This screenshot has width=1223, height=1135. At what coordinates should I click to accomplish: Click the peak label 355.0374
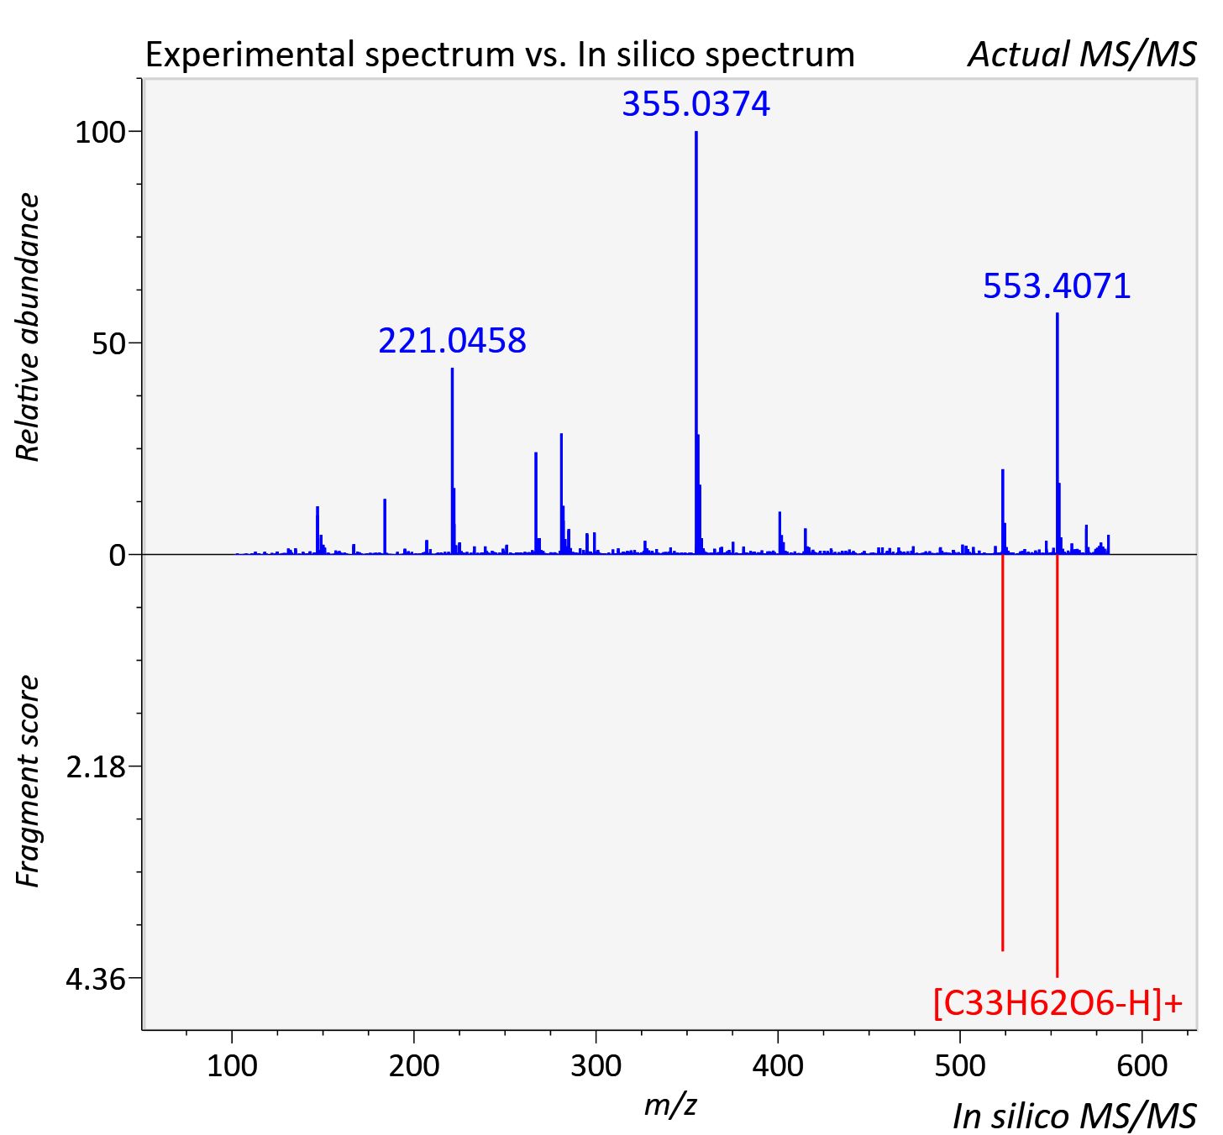695,103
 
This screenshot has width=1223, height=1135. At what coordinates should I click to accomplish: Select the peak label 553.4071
1057,286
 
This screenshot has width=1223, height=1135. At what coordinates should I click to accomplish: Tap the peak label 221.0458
452,340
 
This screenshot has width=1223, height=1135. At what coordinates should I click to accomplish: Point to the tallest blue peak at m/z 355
696,343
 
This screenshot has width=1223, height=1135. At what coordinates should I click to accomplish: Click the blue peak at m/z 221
452,461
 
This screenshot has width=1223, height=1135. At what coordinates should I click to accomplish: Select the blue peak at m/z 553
1058,433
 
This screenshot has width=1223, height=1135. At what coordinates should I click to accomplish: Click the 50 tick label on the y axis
108,343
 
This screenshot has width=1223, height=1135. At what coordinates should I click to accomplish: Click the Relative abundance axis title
28,327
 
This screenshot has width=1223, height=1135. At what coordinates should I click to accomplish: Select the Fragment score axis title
28,782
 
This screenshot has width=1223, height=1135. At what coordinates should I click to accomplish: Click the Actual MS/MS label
1083,55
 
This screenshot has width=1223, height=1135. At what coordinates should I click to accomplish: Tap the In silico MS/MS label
1074,1116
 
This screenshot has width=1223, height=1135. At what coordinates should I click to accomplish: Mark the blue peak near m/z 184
385,527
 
